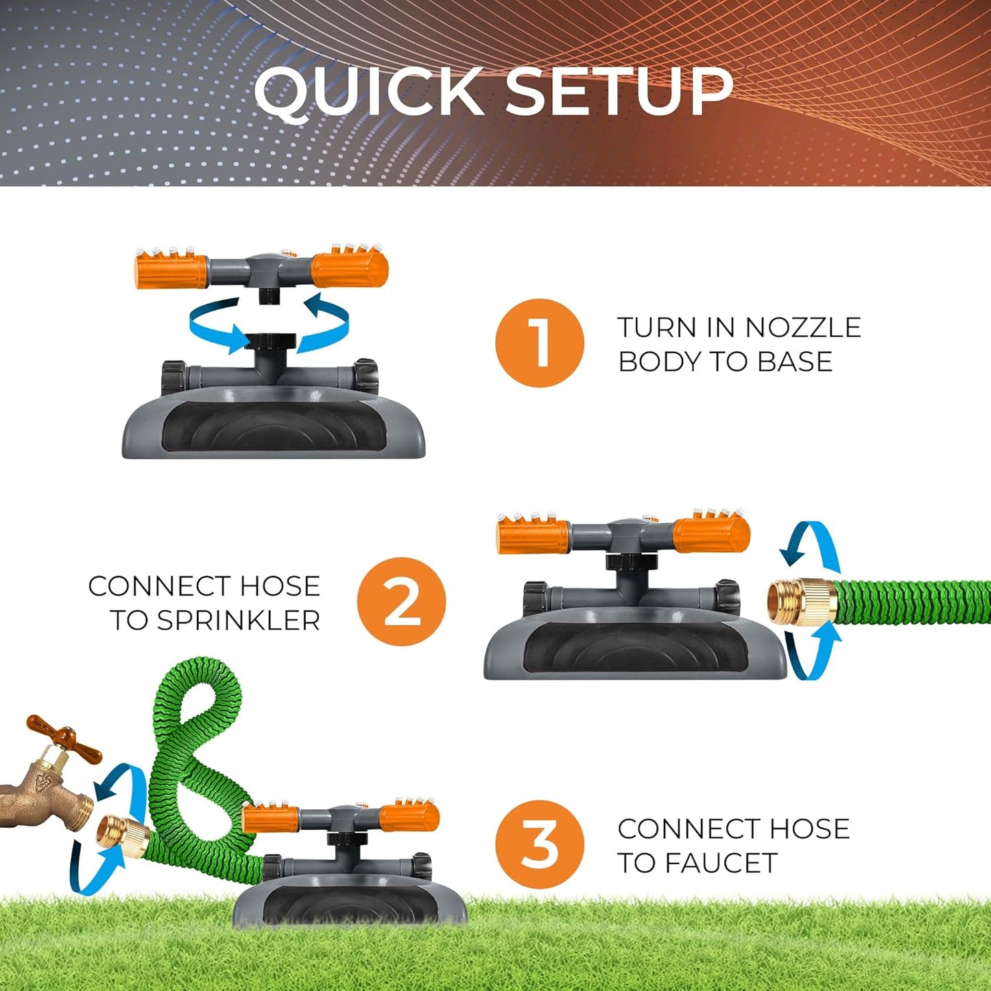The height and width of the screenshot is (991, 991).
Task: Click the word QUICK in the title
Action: pos(369,92)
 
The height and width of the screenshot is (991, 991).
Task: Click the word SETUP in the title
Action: pos(619,92)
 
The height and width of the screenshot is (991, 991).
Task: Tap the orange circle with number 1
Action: pos(540,343)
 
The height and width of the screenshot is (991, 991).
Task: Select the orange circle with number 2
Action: pos(401,601)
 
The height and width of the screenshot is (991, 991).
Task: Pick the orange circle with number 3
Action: pos(540,844)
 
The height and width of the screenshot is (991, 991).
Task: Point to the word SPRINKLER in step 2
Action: pos(239,621)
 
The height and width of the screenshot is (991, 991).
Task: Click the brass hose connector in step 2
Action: pos(800,601)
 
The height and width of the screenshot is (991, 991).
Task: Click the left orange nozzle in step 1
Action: pos(171,270)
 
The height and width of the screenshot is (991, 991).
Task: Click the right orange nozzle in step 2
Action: pos(711,535)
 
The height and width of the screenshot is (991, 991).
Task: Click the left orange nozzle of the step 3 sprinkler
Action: pos(271,818)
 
